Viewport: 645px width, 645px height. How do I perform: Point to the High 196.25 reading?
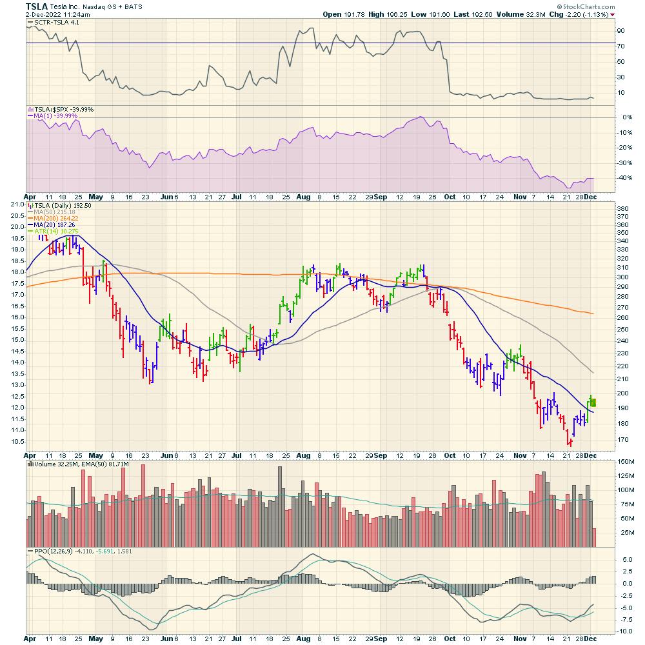pyautogui.click(x=384, y=14)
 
